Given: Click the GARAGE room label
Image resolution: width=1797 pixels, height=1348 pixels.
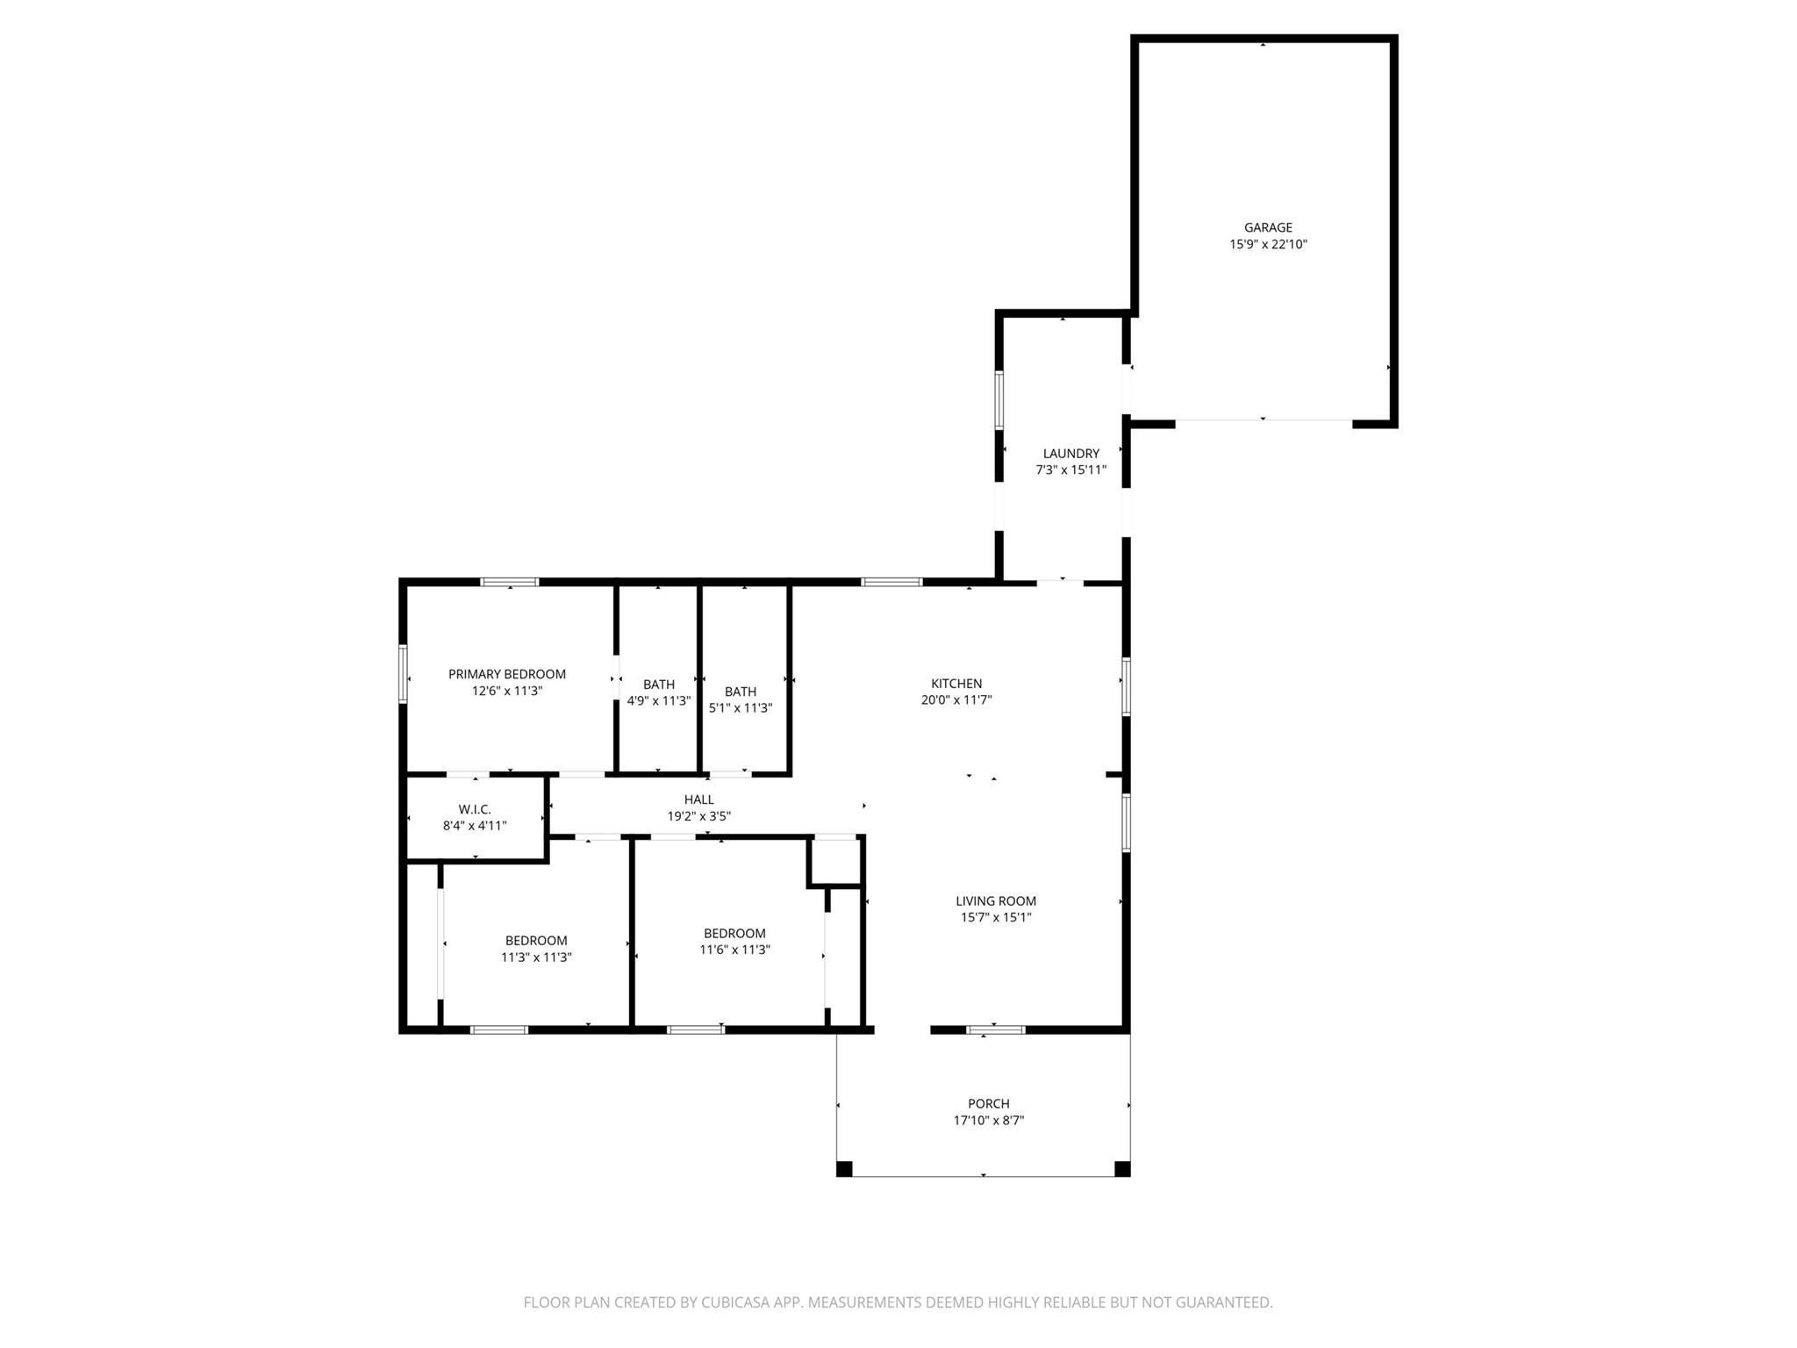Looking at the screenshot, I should (x=1268, y=227).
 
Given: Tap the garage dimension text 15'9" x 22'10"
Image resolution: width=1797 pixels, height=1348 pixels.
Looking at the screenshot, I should (x=1268, y=245).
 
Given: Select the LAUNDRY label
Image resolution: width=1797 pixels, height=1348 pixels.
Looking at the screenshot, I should (x=1070, y=454).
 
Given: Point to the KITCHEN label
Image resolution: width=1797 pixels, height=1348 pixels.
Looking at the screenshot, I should (x=956, y=684).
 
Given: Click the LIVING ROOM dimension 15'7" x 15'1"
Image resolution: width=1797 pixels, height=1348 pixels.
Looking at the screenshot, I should (x=995, y=917).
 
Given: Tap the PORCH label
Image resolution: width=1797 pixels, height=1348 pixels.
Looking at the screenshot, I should (x=989, y=1104).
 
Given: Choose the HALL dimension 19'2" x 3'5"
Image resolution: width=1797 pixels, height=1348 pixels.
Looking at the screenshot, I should (x=698, y=816).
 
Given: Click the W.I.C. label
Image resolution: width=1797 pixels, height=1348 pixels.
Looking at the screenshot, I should (x=475, y=809).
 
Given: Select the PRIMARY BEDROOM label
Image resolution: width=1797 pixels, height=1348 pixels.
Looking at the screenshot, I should (x=507, y=674).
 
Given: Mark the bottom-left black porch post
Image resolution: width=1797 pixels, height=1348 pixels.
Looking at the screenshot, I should (x=844, y=1168).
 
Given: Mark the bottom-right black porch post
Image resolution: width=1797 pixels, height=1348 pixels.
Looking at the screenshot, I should (x=1122, y=1168).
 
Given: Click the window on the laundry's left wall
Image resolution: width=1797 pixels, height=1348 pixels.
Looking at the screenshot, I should (x=999, y=401).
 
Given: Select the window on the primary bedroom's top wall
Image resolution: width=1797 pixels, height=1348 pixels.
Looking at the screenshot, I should (x=510, y=582).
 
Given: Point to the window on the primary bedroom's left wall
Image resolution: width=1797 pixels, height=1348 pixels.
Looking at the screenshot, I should (x=403, y=674).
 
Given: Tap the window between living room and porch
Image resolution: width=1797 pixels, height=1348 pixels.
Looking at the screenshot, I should (x=995, y=1029).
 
